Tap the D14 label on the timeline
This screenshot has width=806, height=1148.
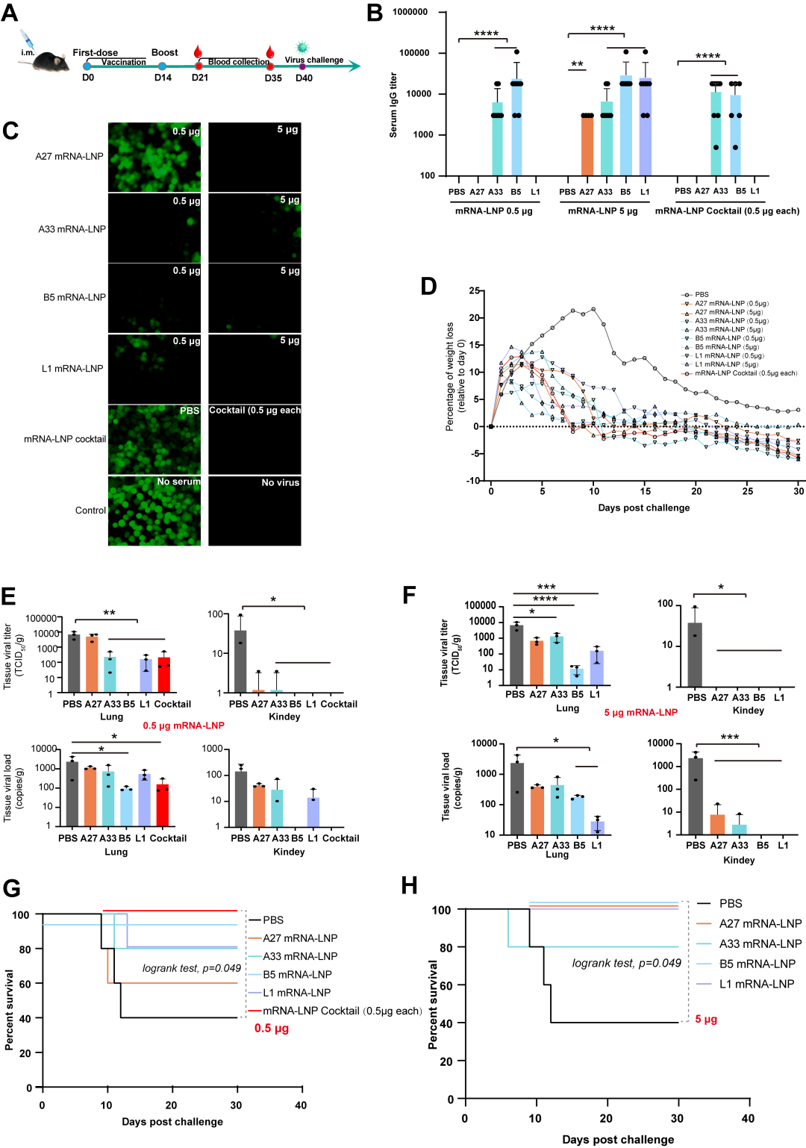(x=163, y=78)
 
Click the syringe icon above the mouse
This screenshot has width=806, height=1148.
(x=27, y=38)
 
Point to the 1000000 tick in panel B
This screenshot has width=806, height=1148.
(x=410, y=13)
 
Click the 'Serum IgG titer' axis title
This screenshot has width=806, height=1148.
(x=393, y=105)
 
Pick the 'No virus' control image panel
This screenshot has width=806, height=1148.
(x=254, y=511)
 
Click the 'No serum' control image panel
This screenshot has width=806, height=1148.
(x=154, y=511)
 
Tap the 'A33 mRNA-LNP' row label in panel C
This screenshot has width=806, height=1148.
(x=72, y=229)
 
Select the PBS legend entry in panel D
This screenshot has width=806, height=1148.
(x=702, y=295)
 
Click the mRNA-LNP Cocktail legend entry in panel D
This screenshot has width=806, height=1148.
(x=746, y=373)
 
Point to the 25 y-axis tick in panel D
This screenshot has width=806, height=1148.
(x=474, y=291)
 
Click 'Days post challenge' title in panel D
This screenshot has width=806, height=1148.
(x=643, y=508)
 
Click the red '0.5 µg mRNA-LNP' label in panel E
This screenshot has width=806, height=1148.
(x=184, y=726)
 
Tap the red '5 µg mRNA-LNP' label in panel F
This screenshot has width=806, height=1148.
(x=640, y=713)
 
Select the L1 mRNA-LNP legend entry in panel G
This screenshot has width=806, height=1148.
(x=296, y=993)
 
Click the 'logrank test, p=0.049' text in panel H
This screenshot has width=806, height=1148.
(x=626, y=964)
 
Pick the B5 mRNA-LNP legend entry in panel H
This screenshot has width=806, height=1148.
(x=757, y=964)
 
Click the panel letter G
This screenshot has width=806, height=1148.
(x=11, y=888)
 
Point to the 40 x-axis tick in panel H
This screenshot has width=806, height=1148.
(x=748, y=1119)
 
